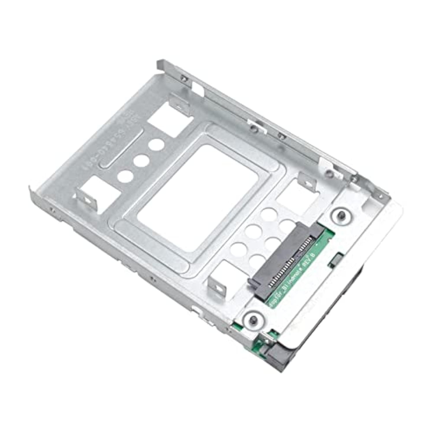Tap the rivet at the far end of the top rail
[x=183, y=77]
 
